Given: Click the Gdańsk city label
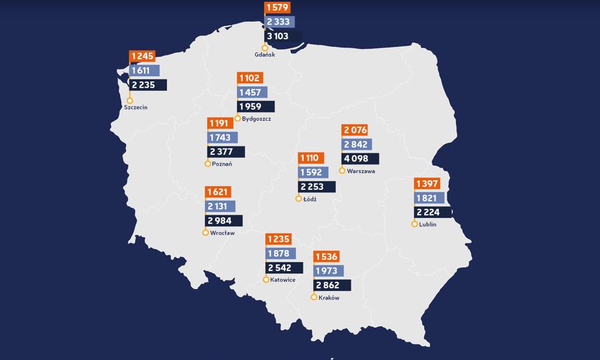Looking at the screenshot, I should [265, 55].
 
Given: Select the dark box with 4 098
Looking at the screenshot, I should [360, 159].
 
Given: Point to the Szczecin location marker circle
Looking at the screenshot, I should [130, 100].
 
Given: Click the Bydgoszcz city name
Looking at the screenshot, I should [257, 119].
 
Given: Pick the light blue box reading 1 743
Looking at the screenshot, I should [222, 138].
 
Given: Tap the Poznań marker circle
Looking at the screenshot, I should [208, 164].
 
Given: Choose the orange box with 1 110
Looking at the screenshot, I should [311, 158].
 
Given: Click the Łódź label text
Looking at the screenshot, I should [310, 199].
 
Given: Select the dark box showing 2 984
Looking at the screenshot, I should [224, 221].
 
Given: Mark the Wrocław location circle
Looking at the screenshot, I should [206, 232].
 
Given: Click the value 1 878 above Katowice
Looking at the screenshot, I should [280, 254].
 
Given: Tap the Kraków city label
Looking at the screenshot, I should [329, 298].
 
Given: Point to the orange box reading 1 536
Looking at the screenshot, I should [326, 257].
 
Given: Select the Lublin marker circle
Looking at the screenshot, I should [415, 224].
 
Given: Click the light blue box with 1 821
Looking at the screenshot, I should [429, 198].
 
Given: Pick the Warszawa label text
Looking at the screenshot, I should [361, 171].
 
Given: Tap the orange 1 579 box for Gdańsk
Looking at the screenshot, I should [277, 8].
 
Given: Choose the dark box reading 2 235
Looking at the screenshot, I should [148, 84].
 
